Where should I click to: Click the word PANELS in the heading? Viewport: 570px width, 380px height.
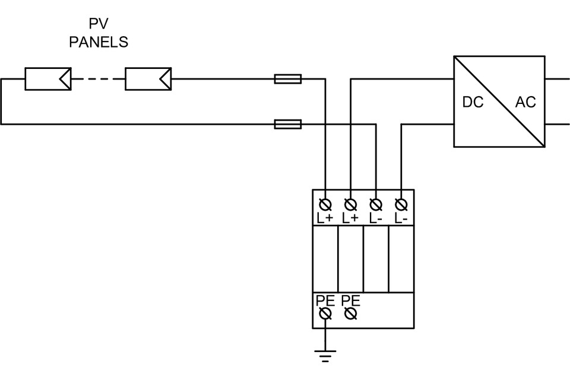coord(99,42)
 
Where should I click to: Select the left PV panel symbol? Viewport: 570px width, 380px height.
coord(47,78)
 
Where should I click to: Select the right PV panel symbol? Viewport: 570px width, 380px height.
coord(148,78)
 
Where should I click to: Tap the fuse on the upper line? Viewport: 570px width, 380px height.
coord(288,78)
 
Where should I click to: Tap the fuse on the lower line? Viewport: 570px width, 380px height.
coord(288,124)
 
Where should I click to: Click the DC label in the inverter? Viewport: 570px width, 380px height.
coord(473,102)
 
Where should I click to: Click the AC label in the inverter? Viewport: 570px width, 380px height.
coord(525,102)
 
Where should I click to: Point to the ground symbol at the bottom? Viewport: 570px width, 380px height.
coord(325,356)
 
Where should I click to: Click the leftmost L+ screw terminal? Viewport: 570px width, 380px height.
coord(325,204)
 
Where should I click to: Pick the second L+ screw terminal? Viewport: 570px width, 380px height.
coord(351,204)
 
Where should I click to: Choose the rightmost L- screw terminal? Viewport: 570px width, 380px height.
coord(401,204)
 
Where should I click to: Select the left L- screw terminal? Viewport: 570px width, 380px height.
coord(376,204)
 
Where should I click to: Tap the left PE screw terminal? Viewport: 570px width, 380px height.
coord(325,313)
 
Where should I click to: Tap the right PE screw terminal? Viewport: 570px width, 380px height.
coord(351,313)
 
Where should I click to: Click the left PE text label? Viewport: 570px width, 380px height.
coord(325,300)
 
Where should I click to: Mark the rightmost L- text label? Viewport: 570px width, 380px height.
coord(401,218)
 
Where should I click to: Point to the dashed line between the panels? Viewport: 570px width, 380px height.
coord(98,78)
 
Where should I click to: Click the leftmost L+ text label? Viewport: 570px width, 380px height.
coord(325,218)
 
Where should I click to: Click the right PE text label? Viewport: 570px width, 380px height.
coord(351,300)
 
